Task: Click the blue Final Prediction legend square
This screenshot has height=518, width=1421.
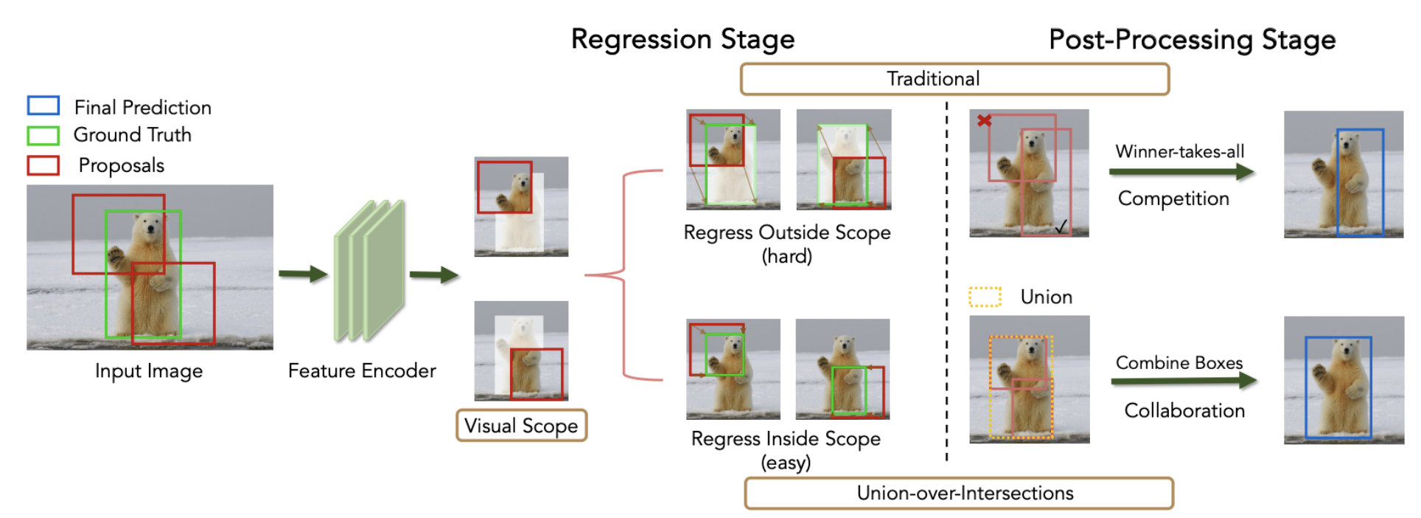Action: click(x=43, y=106)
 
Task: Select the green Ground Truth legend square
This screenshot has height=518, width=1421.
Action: click(x=43, y=135)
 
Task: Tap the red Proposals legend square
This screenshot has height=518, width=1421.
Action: click(x=43, y=165)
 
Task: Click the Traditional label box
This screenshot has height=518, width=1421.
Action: click(x=954, y=79)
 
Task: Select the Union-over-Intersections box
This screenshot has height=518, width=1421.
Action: click(x=958, y=493)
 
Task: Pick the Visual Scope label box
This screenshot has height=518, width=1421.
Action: click(x=521, y=426)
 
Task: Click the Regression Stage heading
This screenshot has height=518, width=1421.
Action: click(x=682, y=39)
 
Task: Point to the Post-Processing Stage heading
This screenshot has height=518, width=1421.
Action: click(x=1192, y=39)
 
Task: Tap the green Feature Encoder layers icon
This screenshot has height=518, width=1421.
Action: click(x=369, y=271)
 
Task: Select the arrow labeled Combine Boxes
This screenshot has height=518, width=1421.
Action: click(x=1183, y=381)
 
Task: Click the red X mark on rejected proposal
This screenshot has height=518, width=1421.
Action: click(x=984, y=120)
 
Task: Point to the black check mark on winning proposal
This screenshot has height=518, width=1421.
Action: click(x=1061, y=227)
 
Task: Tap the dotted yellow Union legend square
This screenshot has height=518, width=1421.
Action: click(x=985, y=297)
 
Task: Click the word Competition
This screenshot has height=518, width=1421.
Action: click(x=1173, y=198)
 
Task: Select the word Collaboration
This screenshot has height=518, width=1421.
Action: click(x=1184, y=410)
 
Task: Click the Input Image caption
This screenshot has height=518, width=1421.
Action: click(x=148, y=370)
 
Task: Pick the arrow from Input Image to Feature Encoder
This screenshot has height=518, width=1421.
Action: click(x=303, y=274)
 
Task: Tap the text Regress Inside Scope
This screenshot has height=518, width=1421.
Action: click(x=786, y=439)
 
